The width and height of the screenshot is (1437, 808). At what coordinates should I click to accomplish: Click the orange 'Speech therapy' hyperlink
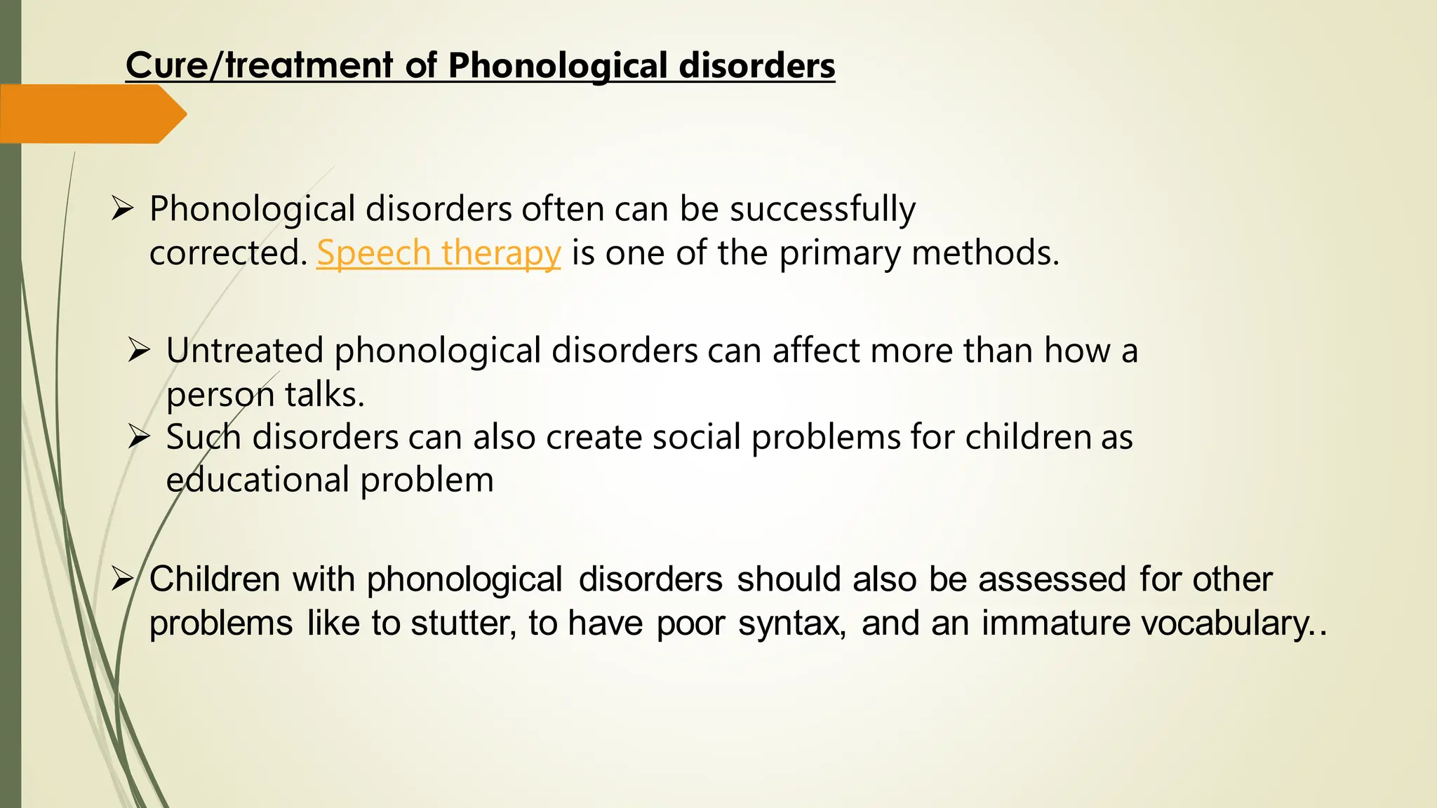point(439,253)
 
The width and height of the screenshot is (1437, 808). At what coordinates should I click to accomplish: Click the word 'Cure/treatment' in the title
point(259,66)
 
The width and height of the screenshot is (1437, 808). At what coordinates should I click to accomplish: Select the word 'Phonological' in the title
point(558,66)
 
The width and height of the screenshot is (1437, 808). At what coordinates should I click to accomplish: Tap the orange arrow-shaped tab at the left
point(91,114)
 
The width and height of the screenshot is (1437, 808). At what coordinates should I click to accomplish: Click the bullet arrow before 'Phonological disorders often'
point(122,209)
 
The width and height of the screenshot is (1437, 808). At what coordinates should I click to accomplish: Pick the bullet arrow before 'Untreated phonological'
point(139,350)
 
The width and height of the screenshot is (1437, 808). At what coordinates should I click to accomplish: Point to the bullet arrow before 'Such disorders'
point(139,437)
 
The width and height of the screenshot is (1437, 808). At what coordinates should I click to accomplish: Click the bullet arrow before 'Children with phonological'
point(122,579)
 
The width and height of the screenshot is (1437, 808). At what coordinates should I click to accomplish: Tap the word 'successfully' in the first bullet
point(822,209)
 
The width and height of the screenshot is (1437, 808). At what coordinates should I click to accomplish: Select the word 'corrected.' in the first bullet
point(229,253)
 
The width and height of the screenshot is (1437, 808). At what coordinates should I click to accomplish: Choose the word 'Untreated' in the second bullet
point(244,350)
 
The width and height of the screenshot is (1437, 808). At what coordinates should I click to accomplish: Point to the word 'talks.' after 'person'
point(325,395)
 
